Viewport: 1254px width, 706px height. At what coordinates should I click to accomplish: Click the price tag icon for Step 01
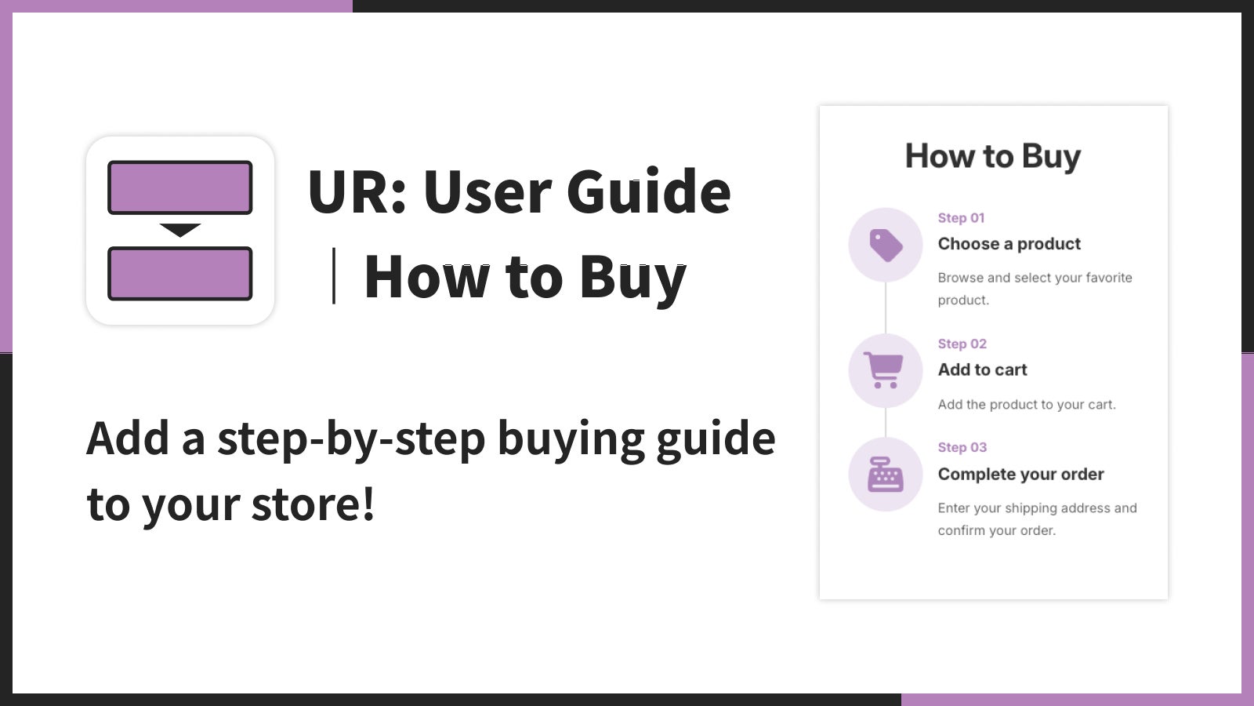point(886,245)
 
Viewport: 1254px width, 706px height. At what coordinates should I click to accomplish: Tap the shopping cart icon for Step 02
point(883,369)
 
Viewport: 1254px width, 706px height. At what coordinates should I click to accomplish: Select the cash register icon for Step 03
point(885,475)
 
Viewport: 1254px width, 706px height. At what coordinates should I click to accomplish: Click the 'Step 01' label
point(961,218)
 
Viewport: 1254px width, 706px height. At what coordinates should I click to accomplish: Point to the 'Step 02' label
point(962,344)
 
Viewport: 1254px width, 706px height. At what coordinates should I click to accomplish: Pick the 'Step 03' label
point(962,448)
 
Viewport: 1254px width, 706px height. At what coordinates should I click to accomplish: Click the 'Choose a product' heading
point(1009,244)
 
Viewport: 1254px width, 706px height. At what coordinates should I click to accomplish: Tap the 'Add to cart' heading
point(983,369)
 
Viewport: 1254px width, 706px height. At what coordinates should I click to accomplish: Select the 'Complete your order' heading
point(1021,475)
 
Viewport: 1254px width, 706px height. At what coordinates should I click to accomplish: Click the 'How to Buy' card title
point(993,156)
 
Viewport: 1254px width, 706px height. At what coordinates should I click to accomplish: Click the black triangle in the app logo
point(179,230)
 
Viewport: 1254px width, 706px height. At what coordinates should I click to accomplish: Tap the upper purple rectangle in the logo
point(179,187)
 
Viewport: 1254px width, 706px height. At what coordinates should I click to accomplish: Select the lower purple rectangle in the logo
point(179,274)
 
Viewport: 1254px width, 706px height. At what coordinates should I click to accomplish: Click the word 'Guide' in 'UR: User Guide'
point(648,191)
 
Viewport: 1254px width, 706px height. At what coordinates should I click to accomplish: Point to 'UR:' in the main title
point(357,192)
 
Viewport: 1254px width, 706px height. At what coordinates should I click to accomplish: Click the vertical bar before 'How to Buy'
point(334,275)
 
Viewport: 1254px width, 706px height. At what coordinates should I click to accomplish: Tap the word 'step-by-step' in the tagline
point(351,440)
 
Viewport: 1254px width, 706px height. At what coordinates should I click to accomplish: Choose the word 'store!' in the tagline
point(313,504)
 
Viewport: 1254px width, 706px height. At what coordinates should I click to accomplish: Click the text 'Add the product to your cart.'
point(1027,405)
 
